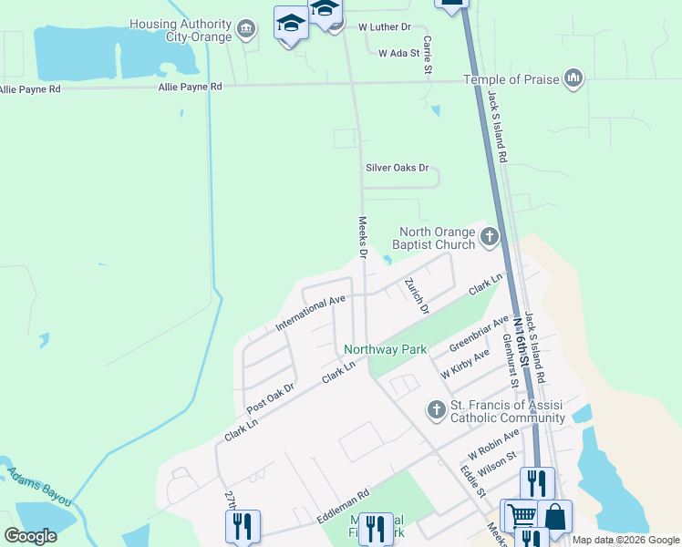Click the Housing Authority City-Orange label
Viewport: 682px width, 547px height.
click(181, 30)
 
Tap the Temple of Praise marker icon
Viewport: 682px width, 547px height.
click(573, 79)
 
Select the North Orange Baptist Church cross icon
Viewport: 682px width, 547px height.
click(490, 238)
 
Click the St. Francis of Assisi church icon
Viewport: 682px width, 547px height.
click(437, 410)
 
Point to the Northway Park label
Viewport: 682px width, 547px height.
click(386, 349)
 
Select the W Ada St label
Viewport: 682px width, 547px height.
click(398, 53)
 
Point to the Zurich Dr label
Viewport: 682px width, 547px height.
click(418, 295)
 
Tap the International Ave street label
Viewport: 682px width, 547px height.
click(312, 313)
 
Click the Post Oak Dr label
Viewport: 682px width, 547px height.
click(271, 399)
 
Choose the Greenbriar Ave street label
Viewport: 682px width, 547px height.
click(479, 335)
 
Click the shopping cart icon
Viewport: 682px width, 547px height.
click(521, 516)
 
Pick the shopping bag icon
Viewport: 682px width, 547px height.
click(554, 516)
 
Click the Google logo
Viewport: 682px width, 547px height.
click(30, 536)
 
